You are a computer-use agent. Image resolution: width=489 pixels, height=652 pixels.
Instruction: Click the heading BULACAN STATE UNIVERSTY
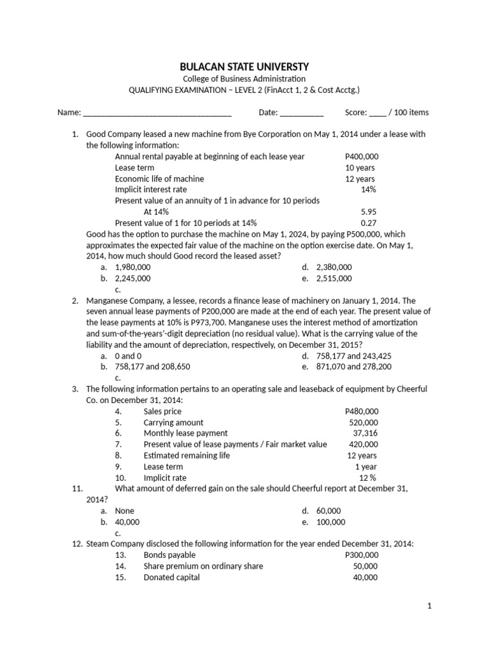(x=244, y=66)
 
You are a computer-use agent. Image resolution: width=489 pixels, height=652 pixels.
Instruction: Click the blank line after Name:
(x=157, y=113)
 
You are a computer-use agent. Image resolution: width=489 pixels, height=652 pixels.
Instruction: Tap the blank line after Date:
(x=302, y=113)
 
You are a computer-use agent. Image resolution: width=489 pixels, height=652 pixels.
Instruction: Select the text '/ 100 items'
(x=409, y=113)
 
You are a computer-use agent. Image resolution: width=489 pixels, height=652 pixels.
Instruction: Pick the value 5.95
(x=368, y=212)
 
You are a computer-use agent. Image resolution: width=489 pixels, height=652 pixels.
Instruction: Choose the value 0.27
(x=368, y=223)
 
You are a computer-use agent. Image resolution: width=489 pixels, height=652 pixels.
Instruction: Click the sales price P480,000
(x=361, y=411)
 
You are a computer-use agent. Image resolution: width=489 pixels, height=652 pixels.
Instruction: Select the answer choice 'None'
(x=124, y=511)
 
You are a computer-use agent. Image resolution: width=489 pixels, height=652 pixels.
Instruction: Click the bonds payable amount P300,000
(x=361, y=555)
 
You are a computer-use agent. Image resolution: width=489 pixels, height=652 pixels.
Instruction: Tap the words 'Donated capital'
(x=171, y=578)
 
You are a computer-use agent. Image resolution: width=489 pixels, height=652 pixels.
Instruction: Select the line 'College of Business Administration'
(x=244, y=79)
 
